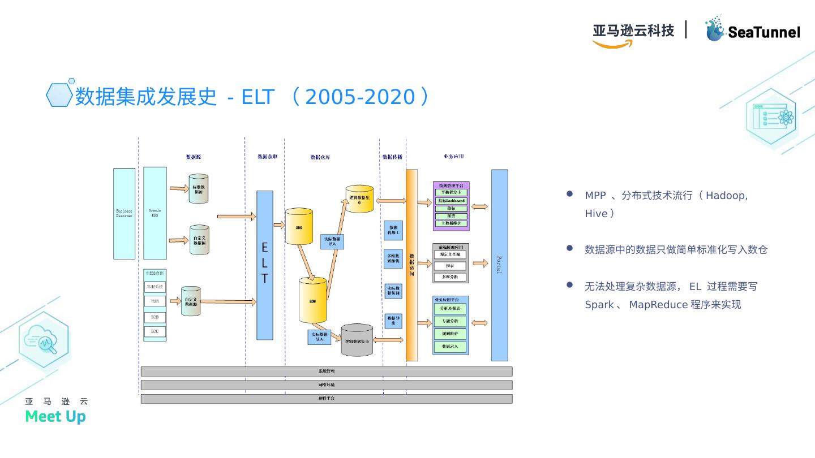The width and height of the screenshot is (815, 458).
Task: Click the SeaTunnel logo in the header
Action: click(752, 29)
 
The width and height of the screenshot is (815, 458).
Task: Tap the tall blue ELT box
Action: click(265, 265)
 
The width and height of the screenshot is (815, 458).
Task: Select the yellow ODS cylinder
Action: click(299, 227)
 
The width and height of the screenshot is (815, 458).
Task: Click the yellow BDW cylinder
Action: click(312, 300)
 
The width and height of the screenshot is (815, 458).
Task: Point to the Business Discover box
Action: click(125, 213)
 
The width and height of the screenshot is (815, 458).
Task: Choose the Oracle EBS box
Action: click(155, 213)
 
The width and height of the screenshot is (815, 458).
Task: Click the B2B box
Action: click(155, 318)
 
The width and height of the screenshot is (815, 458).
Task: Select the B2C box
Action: click(155, 331)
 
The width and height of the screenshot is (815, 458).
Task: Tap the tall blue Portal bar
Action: click(499, 265)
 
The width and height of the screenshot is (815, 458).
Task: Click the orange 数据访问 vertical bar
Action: click(411, 265)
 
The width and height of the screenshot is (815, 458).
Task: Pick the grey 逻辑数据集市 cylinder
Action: click(357, 340)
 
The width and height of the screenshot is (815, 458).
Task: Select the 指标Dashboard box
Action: click(451, 201)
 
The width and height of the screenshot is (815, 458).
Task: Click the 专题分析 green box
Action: click(451, 321)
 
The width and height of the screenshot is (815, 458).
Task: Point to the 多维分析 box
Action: click(451, 277)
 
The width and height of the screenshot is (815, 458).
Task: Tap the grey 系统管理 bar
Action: click(326, 371)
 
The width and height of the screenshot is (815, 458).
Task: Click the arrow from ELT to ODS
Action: click(278, 225)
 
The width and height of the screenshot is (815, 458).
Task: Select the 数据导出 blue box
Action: click(393, 321)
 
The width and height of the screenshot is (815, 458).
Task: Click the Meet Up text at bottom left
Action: click(55, 417)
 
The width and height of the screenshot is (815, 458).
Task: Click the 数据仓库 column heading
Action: click(320, 157)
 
